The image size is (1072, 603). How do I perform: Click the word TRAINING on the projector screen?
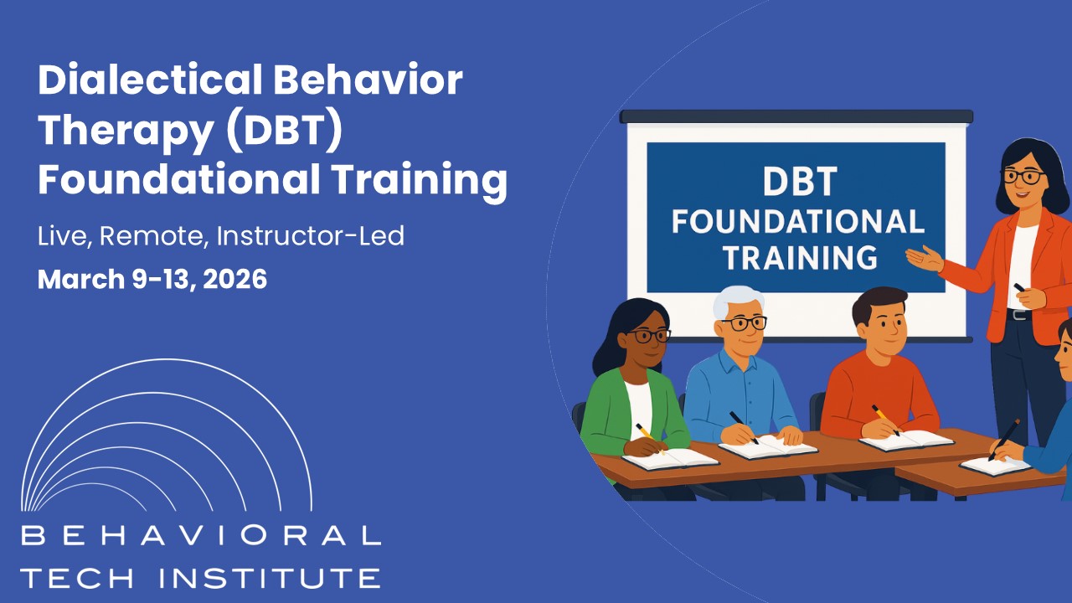(x=800, y=257)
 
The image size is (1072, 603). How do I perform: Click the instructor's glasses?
(x=1022, y=177)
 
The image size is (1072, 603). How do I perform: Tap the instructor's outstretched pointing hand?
(x=923, y=257)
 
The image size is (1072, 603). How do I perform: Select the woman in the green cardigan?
(x=632, y=394)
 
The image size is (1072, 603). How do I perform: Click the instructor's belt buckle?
(x=1019, y=315)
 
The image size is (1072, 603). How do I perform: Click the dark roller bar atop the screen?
(x=796, y=116)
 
